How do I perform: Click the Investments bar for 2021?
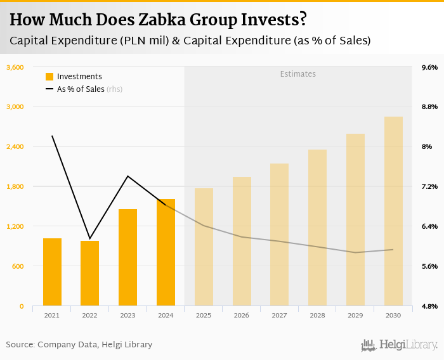pos(52,272)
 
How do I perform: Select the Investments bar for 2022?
pos(90,273)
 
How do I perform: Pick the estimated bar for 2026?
pos(242,241)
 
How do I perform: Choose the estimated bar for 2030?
pos(393,211)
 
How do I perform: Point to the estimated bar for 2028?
pos(317,228)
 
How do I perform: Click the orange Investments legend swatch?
pos(49,77)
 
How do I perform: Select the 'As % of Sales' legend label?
pos(81,89)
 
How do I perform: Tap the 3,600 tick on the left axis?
pos(15,67)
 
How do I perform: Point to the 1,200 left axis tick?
pos(15,226)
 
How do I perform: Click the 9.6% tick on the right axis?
pos(429,67)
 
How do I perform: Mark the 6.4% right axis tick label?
pos(429,226)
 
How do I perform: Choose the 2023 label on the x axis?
pos(127,315)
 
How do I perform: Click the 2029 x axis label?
pos(355,315)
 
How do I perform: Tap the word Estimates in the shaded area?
pos(298,74)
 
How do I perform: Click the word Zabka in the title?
pos(159,20)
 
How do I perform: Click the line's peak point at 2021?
pos(52,136)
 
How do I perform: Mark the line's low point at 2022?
pos(90,238)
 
